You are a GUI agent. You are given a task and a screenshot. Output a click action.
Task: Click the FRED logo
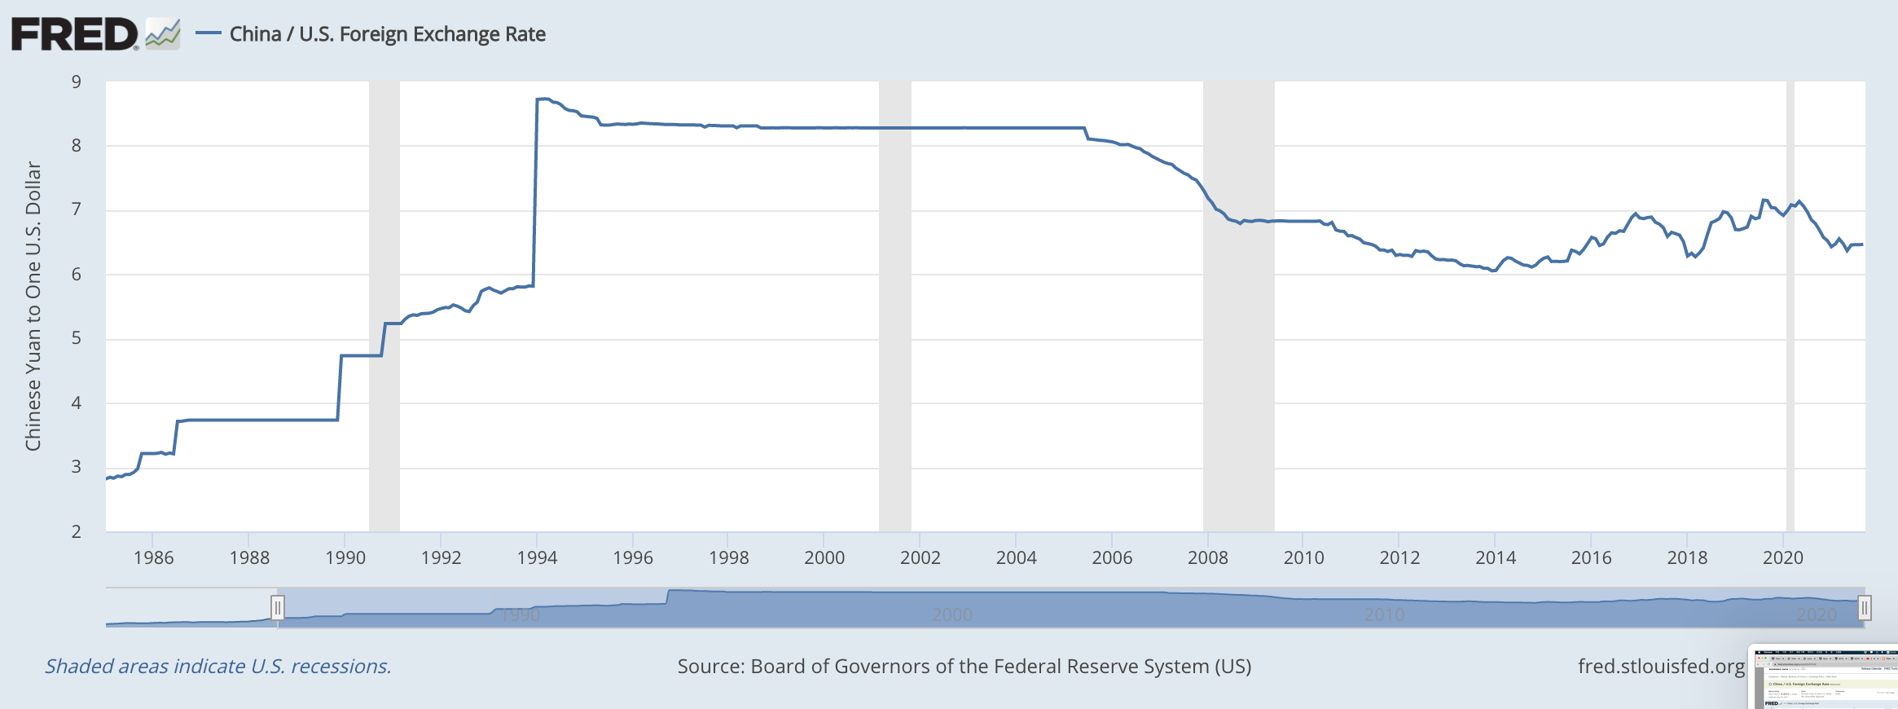pos(75,34)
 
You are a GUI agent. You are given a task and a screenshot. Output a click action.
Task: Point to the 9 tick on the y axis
pos(77,81)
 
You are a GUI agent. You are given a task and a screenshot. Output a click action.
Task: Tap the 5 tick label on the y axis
pos(77,338)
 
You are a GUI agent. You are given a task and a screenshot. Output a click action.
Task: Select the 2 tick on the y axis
pos(77,531)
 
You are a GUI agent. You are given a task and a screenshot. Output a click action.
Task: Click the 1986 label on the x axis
pos(153,557)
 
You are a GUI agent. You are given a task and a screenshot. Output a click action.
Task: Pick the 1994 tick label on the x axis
pos(537,557)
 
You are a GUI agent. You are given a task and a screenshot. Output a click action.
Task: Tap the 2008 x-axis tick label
pos(1207,557)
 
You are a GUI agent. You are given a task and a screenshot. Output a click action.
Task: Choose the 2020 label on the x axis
pos(1782,557)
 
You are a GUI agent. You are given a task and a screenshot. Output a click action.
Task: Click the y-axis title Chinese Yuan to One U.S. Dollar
pos(33,306)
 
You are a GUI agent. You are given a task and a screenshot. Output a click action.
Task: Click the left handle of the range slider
pos(277,607)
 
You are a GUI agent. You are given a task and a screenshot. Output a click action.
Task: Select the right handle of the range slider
pos(1865,607)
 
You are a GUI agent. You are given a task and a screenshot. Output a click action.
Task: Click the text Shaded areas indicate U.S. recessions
pos(217,666)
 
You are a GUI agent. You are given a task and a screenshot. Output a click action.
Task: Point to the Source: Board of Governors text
pos(964,666)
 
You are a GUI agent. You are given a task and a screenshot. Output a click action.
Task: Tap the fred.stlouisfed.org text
pos(1661,666)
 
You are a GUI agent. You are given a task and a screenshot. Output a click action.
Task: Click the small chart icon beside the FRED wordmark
pos(163,34)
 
